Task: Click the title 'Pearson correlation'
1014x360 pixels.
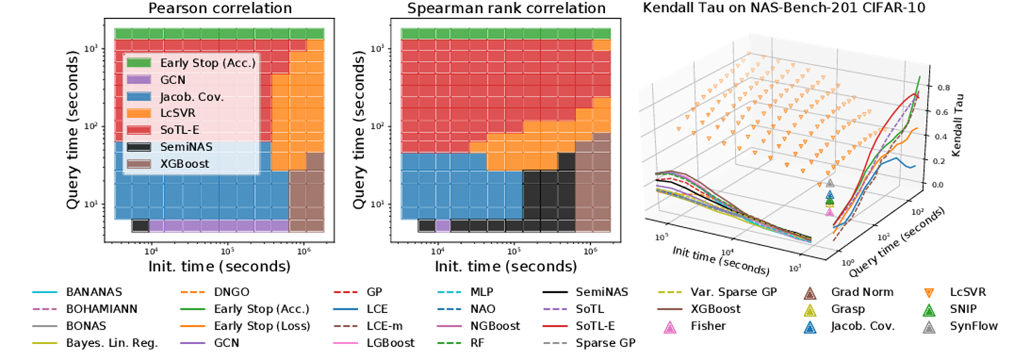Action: (220, 8)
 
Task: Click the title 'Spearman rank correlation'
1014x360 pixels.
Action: (506, 8)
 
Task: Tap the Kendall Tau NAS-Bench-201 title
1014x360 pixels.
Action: (784, 8)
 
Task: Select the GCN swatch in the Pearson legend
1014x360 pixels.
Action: (139, 80)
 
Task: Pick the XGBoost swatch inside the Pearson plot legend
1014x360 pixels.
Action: (139, 163)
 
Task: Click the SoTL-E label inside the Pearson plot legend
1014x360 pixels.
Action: (180, 130)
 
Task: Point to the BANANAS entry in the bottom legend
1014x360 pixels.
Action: (93, 292)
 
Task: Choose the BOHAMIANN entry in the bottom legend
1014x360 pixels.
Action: (101, 309)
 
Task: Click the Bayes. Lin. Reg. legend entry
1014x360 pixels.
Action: (112, 343)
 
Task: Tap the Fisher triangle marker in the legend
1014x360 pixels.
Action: (669, 327)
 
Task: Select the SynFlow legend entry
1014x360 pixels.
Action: (973, 326)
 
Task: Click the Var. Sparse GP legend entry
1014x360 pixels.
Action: (733, 292)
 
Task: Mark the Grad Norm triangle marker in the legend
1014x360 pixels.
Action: (810, 293)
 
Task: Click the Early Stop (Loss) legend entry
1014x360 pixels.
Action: (262, 326)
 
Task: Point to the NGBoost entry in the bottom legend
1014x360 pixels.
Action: (495, 326)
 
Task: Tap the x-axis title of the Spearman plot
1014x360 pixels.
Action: (506, 266)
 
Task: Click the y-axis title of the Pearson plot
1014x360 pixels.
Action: (72, 130)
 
